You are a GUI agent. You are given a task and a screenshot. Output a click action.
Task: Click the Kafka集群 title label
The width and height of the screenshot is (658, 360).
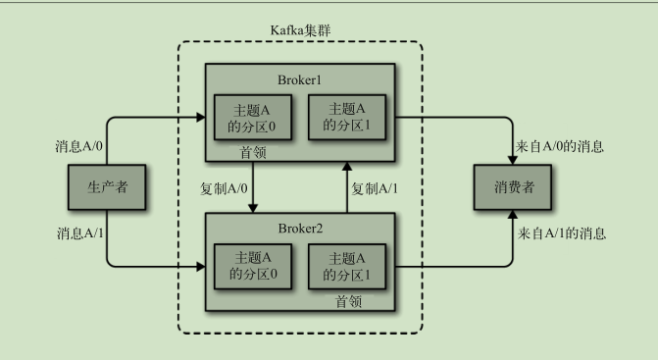(x=300, y=29)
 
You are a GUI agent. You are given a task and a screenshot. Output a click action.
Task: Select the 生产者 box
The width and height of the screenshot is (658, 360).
(x=108, y=188)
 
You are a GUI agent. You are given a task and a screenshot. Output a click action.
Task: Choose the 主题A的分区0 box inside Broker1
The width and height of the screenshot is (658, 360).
(x=253, y=117)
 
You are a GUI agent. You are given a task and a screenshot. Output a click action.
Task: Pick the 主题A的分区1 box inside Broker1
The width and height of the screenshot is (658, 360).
(x=346, y=117)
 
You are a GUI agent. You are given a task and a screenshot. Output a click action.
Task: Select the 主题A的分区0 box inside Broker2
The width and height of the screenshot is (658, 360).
(x=253, y=265)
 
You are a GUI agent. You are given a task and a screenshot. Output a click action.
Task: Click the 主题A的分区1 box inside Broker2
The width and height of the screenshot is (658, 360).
(x=346, y=265)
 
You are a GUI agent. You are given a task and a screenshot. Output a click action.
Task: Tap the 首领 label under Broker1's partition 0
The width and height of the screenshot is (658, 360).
(x=254, y=154)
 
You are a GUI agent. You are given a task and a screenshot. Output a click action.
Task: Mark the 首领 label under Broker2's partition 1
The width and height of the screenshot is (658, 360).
(x=346, y=302)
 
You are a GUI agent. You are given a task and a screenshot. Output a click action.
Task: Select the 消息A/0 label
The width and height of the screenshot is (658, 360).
(x=80, y=147)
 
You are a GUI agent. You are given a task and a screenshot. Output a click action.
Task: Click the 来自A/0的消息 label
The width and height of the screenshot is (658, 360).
(x=560, y=147)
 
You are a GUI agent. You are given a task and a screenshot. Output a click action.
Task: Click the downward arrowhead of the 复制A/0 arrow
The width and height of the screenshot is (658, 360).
(x=254, y=207)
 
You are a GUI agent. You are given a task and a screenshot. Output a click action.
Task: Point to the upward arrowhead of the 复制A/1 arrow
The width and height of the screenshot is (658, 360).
(x=346, y=170)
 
